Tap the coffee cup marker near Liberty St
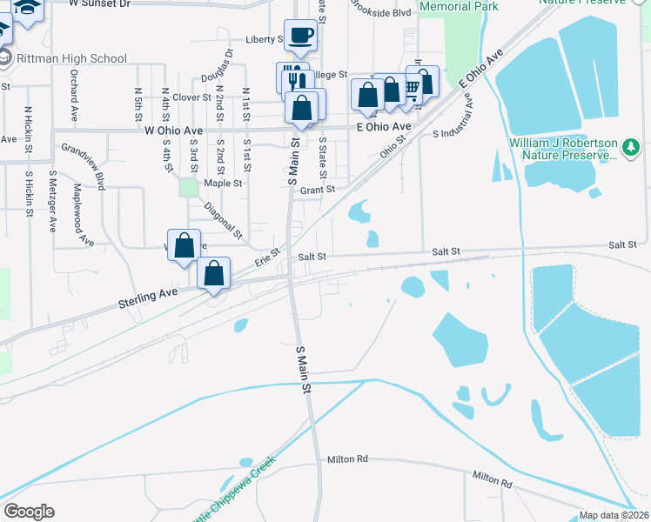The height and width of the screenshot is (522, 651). click(x=301, y=36)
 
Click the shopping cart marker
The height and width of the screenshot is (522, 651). click(x=413, y=86)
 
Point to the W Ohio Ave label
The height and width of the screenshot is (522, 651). click(x=173, y=130)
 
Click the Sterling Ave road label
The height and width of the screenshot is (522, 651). click(x=147, y=298)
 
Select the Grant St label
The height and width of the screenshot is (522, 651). click(x=317, y=189)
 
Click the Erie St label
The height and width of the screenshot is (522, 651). click(x=267, y=258)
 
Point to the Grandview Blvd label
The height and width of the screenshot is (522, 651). click(x=83, y=167)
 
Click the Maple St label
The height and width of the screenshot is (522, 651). click(x=223, y=184)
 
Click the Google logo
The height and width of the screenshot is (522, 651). click(x=29, y=512)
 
